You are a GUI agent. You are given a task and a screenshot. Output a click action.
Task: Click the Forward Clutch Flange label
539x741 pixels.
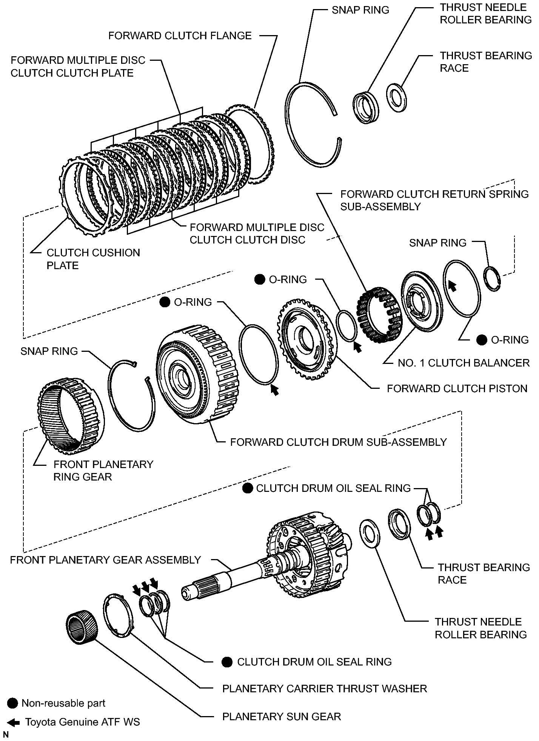[x=180, y=36]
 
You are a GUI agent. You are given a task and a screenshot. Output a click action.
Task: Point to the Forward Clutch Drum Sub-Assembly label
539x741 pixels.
[x=338, y=442]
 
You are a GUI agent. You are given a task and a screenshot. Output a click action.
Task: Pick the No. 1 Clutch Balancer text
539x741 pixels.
[x=464, y=363]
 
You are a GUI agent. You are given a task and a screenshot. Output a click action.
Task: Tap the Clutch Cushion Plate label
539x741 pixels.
[x=93, y=259]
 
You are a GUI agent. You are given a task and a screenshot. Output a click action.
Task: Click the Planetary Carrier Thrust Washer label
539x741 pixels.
[x=325, y=689]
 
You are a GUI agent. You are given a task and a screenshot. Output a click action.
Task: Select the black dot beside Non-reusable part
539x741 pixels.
[x=12, y=703]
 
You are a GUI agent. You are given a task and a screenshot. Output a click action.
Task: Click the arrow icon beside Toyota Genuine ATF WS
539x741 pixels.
[x=13, y=723]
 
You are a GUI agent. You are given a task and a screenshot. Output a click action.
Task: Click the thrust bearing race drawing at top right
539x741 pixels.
[x=396, y=97]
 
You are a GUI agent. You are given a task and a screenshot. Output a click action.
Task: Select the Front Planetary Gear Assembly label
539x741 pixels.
[x=105, y=560]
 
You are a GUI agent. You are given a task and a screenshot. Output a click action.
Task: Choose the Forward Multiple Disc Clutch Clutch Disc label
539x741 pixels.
[x=257, y=234]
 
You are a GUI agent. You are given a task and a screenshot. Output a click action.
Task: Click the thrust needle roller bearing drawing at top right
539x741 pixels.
[x=365, y=107]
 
